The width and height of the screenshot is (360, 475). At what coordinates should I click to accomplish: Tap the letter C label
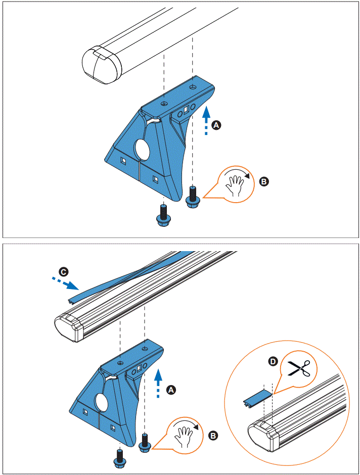click(62, 272)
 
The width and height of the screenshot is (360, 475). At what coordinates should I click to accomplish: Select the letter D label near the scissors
click(274, 361)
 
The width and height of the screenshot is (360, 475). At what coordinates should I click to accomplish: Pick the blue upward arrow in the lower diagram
click(158, 384)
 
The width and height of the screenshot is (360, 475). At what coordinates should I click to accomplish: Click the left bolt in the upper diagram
click(163, 215)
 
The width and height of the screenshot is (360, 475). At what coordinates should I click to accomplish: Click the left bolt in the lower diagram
click(120, 457)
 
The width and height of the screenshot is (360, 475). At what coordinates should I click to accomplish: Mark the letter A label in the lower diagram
click(171, 390)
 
